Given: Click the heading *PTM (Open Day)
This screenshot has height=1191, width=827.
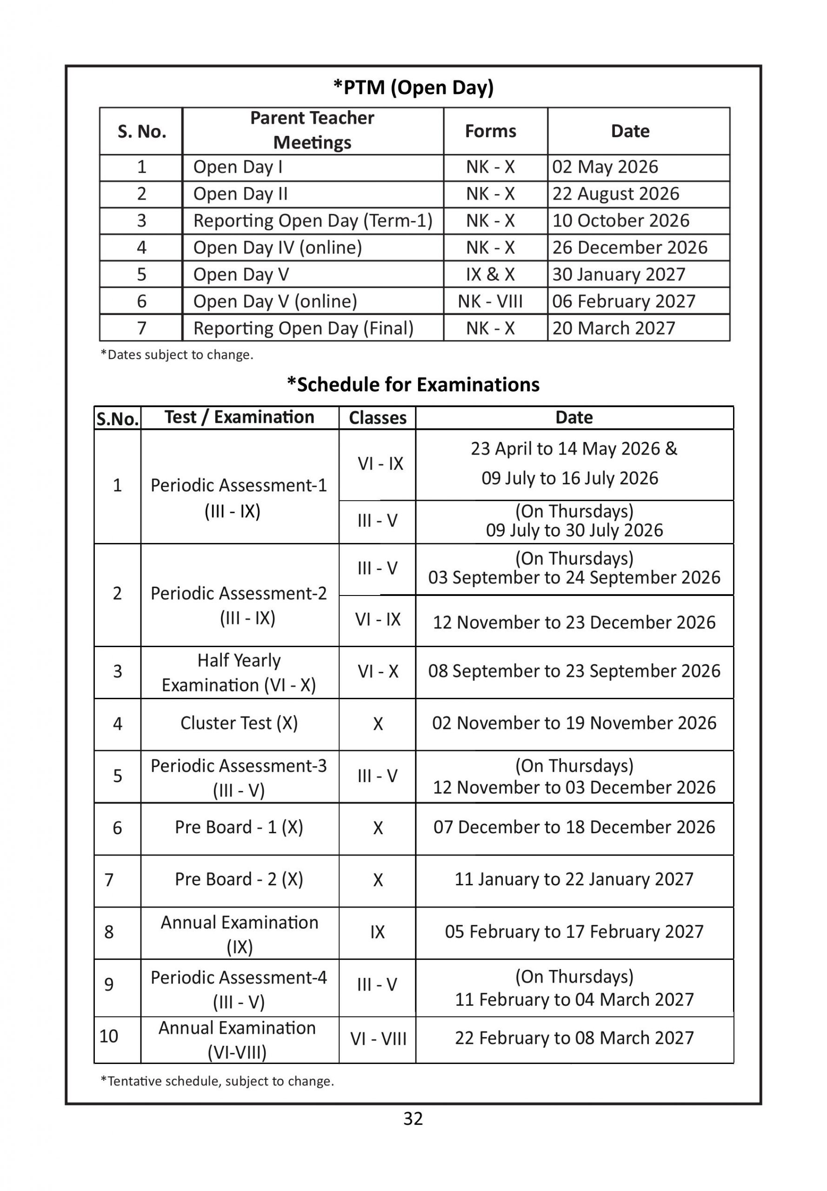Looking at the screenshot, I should tap(413, 87).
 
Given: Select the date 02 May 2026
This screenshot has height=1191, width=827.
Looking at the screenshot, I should tap(605, 167).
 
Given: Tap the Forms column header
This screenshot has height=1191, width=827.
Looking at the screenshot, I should tap(490, 131).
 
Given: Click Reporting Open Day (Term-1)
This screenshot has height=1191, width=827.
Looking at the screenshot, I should tap(313, 221).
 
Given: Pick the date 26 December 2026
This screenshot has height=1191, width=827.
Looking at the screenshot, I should tap(630, 248).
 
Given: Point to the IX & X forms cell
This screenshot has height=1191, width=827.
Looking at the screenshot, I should tap(490, 274).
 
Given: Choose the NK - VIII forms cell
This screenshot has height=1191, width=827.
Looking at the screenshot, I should tap(490, 301).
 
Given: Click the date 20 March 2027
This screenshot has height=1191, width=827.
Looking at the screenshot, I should tap(614, 328).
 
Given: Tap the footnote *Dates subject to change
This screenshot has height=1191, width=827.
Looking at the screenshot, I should tap(177, 355).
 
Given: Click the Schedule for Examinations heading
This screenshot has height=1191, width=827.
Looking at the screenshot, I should tap(413, 385).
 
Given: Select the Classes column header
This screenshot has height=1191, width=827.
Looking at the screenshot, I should tap(377, 418).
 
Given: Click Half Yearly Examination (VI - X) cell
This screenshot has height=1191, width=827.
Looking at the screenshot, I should tap(239, 673).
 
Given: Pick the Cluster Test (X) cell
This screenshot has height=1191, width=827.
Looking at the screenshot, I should tap(239, 723).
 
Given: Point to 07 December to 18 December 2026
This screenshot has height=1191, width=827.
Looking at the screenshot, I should tap(574, 827).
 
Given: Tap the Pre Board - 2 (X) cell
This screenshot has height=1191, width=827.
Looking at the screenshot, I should tap(239, 879).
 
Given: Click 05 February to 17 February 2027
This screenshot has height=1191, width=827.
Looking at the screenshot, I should tap(574, 931).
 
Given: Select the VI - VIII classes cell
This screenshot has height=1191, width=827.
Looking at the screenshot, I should tap(378, 1038).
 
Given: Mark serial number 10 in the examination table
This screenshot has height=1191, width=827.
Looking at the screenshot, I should tap(109, 1036).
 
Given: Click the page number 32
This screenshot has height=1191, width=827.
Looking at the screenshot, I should tap(413, 1118).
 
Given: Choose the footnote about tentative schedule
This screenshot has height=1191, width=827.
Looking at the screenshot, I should tap(217, 1081).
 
